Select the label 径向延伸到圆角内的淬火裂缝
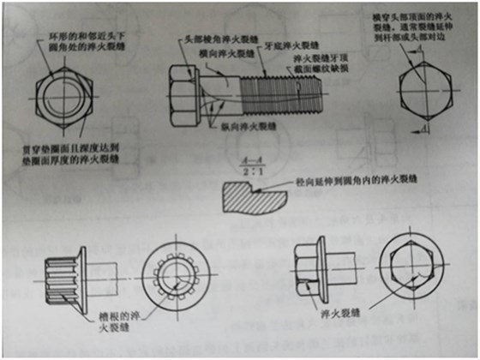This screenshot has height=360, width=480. point(338,181)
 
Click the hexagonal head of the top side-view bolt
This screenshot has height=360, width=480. point(187,89)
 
